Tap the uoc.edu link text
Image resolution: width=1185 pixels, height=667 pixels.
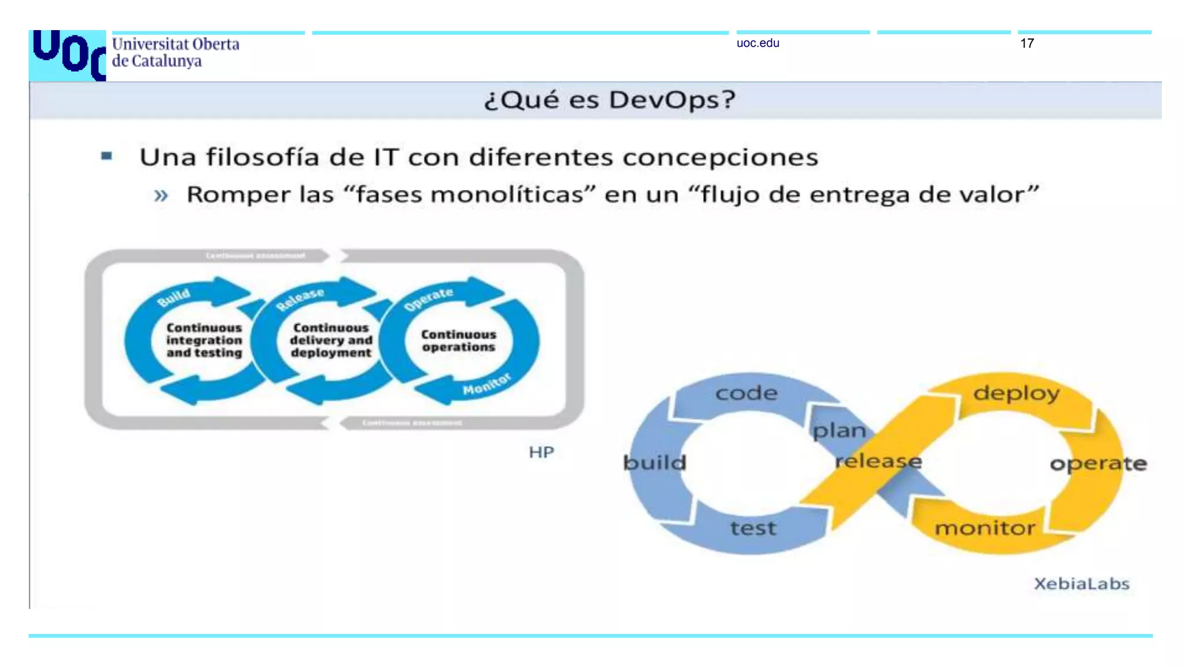(x=757, y=43)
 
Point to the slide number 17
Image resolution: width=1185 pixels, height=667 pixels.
(x=1026, y=43)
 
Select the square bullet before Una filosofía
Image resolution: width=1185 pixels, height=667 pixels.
(x=106, y=156)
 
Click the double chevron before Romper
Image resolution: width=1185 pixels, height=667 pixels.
(x=161, y=195)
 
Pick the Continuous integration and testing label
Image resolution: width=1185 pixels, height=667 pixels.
(x=204, y=340)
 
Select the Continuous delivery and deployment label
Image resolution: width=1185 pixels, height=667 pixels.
(x=331, y=340)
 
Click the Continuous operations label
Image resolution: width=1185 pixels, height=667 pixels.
(x=458, y=341)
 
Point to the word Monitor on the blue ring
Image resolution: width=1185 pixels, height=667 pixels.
(x=487, y=384)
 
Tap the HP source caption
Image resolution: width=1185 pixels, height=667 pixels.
(x=541, y=452)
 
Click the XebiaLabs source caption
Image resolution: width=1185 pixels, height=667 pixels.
(x=1081, y=584)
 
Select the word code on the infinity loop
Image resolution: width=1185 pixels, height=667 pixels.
(x=746, y=394)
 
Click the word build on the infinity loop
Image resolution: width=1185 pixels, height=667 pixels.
(x=654, y=463)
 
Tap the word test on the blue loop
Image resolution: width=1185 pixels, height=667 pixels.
(x=753, y=528)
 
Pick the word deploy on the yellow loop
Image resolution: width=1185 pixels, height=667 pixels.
(x=1016, y=393)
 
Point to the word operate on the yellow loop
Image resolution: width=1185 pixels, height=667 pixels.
(x=1098, y=463)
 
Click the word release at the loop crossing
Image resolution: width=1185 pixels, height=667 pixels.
(x=878, y=461)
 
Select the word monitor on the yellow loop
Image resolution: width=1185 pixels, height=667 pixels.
(x=985, y=528)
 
